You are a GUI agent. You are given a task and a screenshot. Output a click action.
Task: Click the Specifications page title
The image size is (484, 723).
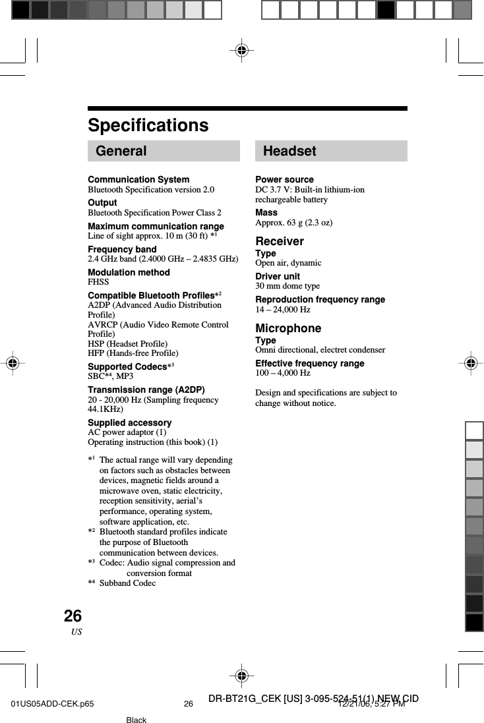[x=148, y=125]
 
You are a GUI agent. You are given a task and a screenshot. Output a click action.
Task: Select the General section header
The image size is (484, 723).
[x=121, y=151]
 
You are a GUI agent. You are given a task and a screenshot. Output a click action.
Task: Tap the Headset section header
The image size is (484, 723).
[x=289, y=151]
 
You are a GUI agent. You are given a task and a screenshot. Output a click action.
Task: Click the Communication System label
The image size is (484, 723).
[x=138, y=180]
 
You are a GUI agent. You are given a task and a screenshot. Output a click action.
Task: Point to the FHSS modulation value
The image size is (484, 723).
[x=98, y=282]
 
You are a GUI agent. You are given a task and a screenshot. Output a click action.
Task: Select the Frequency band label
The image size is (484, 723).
[x=122, y=249]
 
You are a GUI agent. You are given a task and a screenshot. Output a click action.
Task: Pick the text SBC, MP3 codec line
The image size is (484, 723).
[x=110, y=376]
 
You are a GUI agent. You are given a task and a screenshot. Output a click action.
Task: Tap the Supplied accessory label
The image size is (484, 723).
[x=129, y=422]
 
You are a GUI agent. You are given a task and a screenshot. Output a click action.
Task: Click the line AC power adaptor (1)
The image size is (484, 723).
[x=127, y=432]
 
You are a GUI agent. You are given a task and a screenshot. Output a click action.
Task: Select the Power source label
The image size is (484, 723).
[x=284, y=180]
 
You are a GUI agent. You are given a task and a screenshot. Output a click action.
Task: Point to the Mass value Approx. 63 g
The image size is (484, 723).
[x=293, y=223]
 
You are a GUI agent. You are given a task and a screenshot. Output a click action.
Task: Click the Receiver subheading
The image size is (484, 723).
[x=280, y=241]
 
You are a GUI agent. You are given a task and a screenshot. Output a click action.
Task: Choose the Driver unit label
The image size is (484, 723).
[x=278, y=276]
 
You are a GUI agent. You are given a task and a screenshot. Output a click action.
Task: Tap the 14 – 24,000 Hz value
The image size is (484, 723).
[x=282, y=309]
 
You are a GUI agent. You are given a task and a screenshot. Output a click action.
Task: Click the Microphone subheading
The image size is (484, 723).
[x=288, y=328]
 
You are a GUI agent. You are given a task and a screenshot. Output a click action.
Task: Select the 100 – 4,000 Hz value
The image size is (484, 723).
[x=282, y=373]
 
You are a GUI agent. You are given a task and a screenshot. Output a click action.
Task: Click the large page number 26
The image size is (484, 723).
[x=73, y=616]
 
